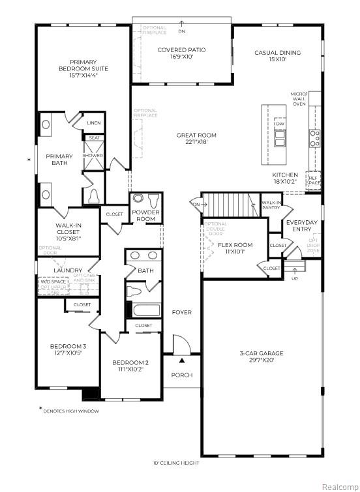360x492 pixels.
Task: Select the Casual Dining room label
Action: (277, 53)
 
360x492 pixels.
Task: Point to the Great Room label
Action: (196, 136)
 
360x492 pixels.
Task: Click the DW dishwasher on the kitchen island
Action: (280, 123)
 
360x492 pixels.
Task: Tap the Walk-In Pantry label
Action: (271, 205)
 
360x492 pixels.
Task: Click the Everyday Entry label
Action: (302, 225)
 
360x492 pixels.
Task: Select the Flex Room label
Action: (235, 245)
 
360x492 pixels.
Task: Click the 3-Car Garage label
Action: (260, 353)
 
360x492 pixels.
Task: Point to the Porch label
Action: (181, 375)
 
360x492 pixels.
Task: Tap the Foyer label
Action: (182, 312)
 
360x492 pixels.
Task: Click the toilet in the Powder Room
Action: (154, 200)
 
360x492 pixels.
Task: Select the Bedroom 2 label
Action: (130, 362)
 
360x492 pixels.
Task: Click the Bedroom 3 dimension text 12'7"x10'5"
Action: (67, 353)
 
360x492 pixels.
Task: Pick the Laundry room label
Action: (68, 270)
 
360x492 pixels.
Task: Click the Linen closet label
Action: (93, 123)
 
